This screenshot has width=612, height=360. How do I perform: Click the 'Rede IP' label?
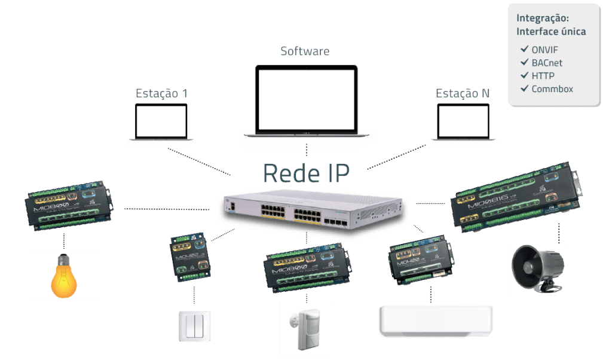click(306, 173)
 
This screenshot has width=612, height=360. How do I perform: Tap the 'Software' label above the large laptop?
click(305, 51)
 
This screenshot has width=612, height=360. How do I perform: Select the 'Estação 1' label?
click(161, 94)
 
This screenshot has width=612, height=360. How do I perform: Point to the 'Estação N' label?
click(463, 94)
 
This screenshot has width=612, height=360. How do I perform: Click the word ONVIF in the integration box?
click(544, 50)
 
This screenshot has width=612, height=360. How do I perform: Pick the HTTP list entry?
click(543, 76)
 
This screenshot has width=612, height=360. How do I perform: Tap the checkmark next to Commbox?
click(524, 89)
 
